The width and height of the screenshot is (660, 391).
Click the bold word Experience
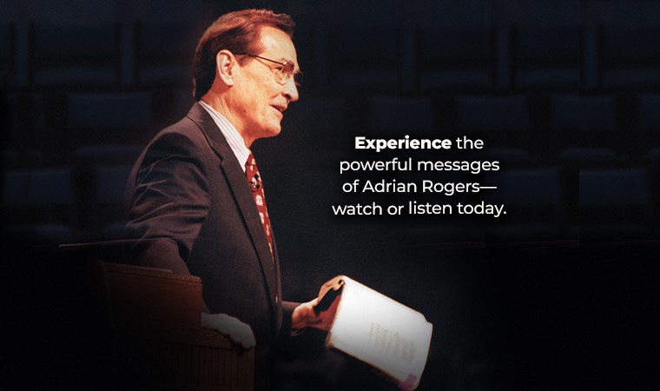pyautogui.click(x=403, y=143)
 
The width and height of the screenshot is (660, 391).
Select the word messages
pyautogui.click(x=459, y=166)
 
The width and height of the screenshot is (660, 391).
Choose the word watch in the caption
pyautogui.click(x=358, y=209)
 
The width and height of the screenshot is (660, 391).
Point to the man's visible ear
pyautogui.click(x=225, y=67)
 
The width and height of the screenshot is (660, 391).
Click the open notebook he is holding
pyautogui.click(x=379, y=330)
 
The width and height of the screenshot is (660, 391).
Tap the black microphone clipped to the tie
pyautogui.click(x=255, y=182)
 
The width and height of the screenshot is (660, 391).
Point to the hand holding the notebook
pyautogui.click(x=316, y=304)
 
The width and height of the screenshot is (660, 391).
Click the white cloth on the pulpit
pyautogui.click(x=228, y=329)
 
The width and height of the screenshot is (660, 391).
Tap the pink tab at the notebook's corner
pyautogui.click(x=407, y=381)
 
